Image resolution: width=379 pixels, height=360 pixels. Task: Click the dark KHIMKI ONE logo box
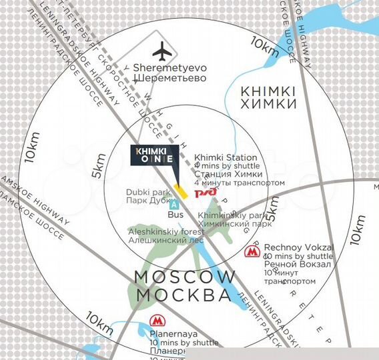pos(154,155)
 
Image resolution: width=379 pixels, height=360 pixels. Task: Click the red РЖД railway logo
pos(204,193)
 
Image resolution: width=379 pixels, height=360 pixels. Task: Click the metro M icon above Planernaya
pos(157,321)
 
